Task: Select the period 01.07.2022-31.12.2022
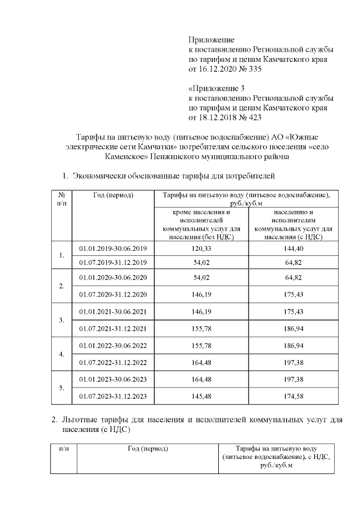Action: pos(113,363)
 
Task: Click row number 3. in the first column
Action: pos(61,321)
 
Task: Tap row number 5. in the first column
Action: pos(61,388)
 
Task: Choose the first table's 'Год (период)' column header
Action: pos(113,195)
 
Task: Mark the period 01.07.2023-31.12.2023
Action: pos(113,397)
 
